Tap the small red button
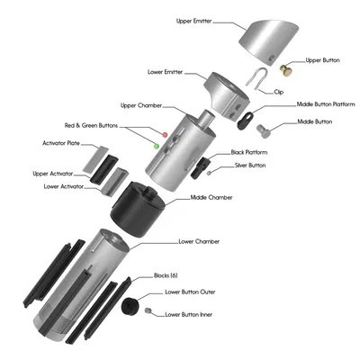(x=164, y=134)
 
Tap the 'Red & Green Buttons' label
(x=92, y=125)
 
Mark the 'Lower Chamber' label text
(x=199, y=241)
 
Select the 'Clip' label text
(x=279, y=92)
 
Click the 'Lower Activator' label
(x=64, y=186)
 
